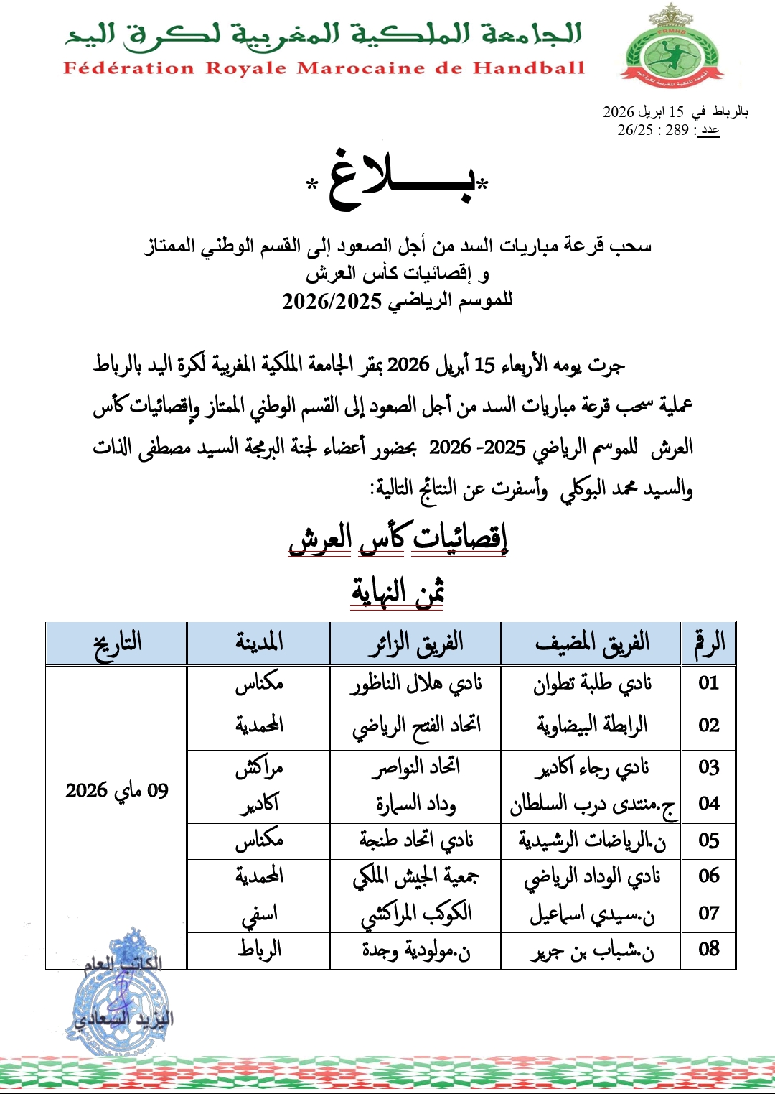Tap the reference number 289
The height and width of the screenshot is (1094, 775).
677,130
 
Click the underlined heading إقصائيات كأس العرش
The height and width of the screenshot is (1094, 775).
398,538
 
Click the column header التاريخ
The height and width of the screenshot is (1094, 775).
117,643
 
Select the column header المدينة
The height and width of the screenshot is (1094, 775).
259,642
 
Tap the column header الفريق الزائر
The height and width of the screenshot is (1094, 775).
415,643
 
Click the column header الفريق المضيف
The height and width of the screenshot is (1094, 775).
591,643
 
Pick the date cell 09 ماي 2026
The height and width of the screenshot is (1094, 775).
117,791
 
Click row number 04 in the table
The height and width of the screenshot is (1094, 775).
708,804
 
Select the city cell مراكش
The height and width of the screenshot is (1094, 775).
259,768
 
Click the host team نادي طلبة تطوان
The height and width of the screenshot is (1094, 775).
591,684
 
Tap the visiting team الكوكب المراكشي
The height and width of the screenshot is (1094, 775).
415,914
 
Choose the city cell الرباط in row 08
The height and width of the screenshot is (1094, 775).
259,950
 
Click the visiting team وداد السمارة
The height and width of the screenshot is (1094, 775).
415,804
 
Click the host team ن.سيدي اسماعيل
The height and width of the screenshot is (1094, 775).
591,914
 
